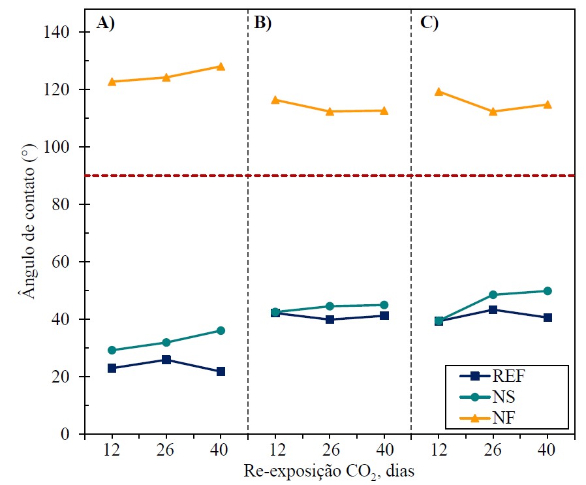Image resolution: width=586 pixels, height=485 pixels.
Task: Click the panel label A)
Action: pos(106,23)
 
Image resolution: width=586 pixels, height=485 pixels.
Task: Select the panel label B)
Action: pos(262,23)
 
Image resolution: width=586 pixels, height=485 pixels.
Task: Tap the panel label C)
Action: pos(429,23)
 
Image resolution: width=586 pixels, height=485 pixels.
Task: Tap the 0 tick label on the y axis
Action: pos(73,434)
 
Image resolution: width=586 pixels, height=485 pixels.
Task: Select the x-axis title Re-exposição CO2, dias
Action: pos(330,470)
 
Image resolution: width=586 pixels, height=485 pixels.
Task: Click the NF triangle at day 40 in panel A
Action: pos(221,67)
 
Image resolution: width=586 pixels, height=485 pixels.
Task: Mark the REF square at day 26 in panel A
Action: pos(166,360)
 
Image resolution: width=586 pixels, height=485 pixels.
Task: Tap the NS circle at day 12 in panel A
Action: pos(112,350)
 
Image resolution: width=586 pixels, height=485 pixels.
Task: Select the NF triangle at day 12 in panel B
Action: pos(275,100)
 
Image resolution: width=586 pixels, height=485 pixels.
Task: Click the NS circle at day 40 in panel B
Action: pos(384,305)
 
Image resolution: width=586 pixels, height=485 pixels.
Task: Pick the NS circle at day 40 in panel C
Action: pos(547,291)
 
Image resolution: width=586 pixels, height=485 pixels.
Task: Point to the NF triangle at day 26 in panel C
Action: pos(493,112)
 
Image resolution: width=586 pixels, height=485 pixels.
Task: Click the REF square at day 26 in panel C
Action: pos(493,309)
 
